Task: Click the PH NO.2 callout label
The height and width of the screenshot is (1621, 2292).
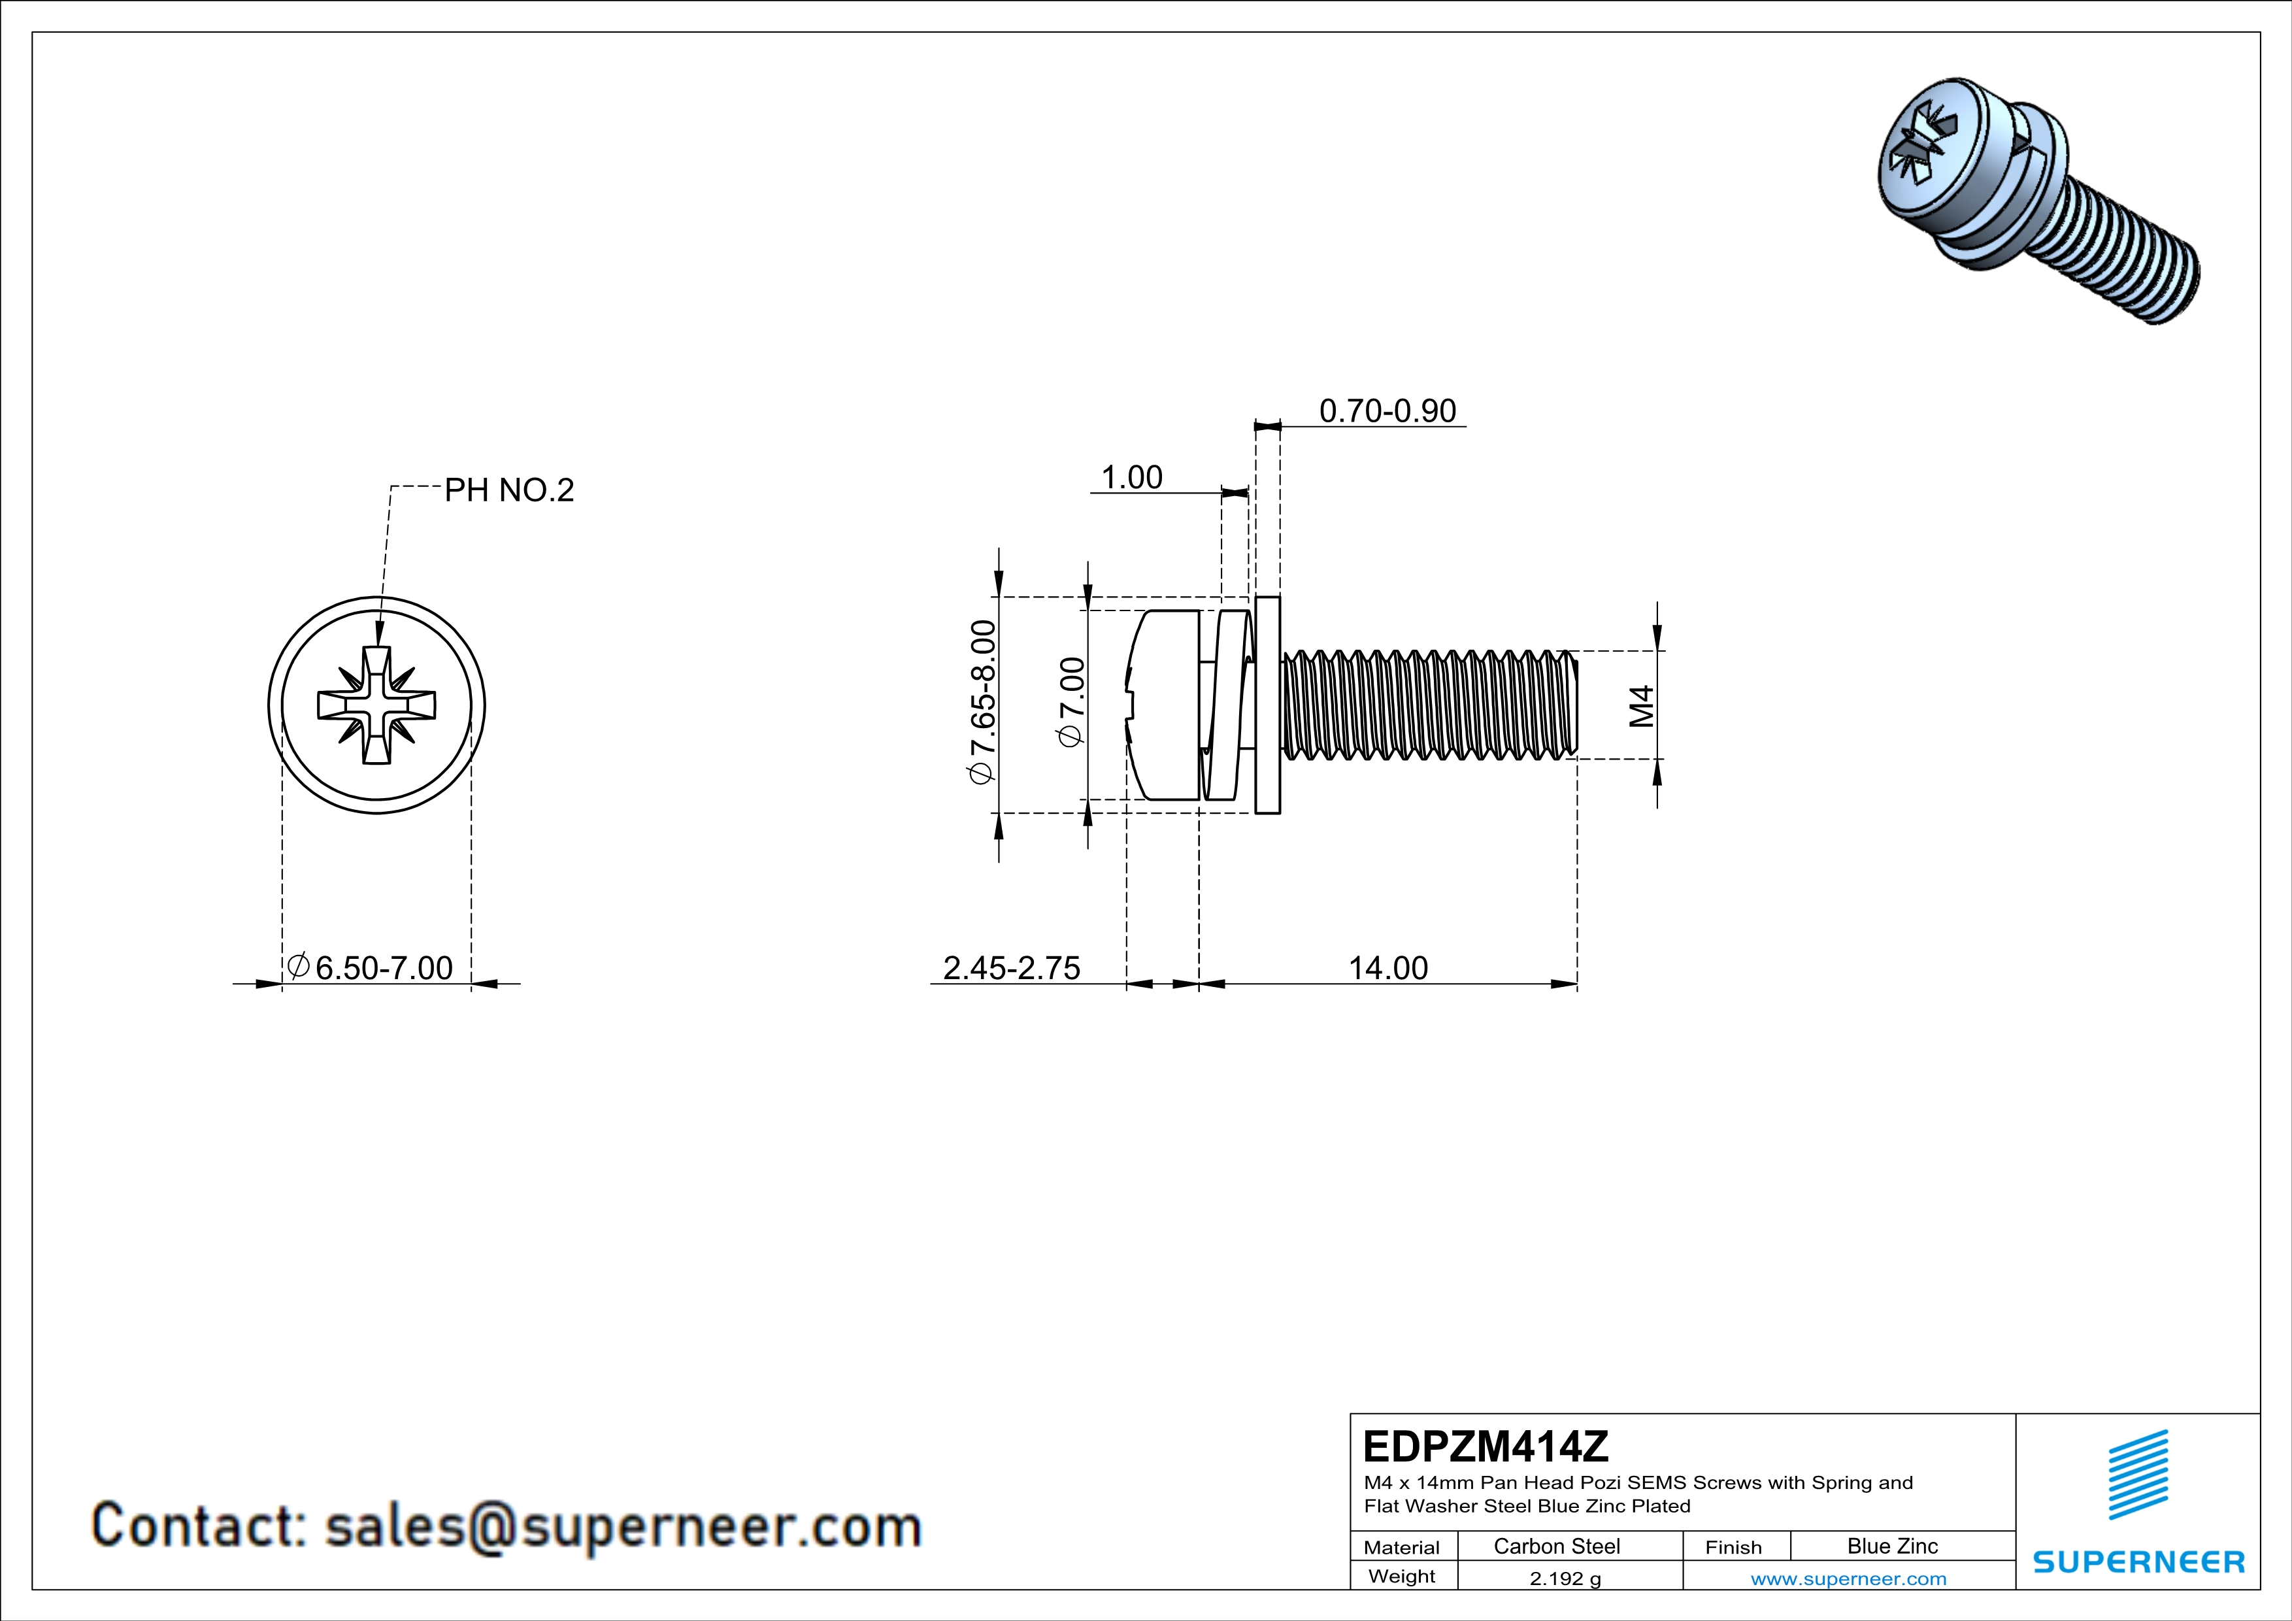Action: (509, 490)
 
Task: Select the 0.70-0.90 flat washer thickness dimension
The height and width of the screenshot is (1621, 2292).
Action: (1387, 410)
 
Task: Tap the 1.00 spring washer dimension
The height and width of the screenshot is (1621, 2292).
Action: (1131, 477)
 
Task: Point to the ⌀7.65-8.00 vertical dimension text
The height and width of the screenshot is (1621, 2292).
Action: (982, 702)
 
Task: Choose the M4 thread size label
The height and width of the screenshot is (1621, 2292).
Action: (1641, 706)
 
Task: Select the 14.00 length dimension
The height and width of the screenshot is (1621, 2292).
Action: (1387, 967)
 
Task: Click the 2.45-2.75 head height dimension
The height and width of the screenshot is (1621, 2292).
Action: (1011, 967)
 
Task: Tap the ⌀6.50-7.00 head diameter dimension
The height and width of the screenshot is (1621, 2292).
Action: (371, 967)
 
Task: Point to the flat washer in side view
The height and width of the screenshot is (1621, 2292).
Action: (1267, 705)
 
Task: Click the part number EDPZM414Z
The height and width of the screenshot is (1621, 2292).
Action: (1486, 1445)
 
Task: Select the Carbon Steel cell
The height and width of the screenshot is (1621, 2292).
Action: (1556, 1546)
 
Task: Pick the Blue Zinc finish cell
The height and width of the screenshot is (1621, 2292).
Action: (1891, 1546)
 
